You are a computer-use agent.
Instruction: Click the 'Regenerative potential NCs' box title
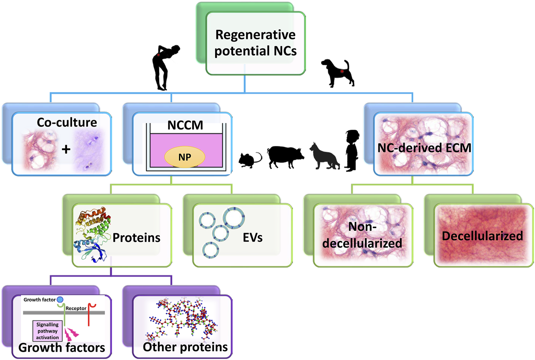coord(255,43)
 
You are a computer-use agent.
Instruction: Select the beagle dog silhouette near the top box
coord(338,73)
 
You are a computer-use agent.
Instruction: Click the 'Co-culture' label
coord(67,122)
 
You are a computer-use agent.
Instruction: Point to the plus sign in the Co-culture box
coord(66,149)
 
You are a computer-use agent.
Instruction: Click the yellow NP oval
coord(185,157)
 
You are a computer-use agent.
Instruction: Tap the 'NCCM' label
coord(185,125)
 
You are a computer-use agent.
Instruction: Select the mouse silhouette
coord(250,160)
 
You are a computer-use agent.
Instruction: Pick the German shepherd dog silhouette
coord(325,156)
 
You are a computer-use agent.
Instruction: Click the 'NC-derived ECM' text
coord(424,148)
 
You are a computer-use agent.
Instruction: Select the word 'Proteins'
coord(136,237)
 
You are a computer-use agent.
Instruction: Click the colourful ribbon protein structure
coord(92,234)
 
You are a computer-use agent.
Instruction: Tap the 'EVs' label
coord(252,237)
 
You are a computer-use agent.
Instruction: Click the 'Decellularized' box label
coord(482,236)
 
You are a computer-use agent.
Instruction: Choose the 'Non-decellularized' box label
coord(362,235)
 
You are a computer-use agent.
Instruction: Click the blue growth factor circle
coord(60,300)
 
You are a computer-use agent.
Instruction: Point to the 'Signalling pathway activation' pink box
coord(48,331)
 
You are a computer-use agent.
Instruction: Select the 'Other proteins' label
coord(185,347)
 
